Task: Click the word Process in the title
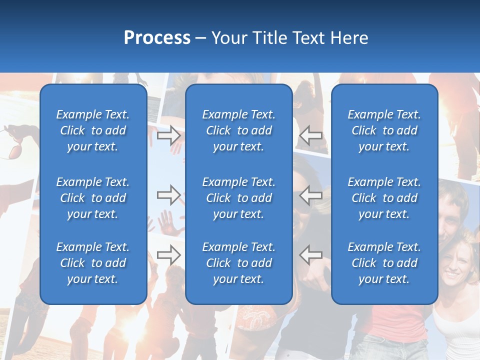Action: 157,38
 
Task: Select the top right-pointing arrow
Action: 169,135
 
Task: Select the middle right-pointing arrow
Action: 169,195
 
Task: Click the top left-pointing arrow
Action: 311,135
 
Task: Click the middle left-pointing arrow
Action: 311,195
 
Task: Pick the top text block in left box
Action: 93,130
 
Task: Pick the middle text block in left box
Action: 93,198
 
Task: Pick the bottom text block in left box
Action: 93,263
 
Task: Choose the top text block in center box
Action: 239,130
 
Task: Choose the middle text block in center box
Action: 239,198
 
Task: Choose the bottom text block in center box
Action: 239,263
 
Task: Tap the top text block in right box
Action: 384,130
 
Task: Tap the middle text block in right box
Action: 384,198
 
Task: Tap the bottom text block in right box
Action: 384,263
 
